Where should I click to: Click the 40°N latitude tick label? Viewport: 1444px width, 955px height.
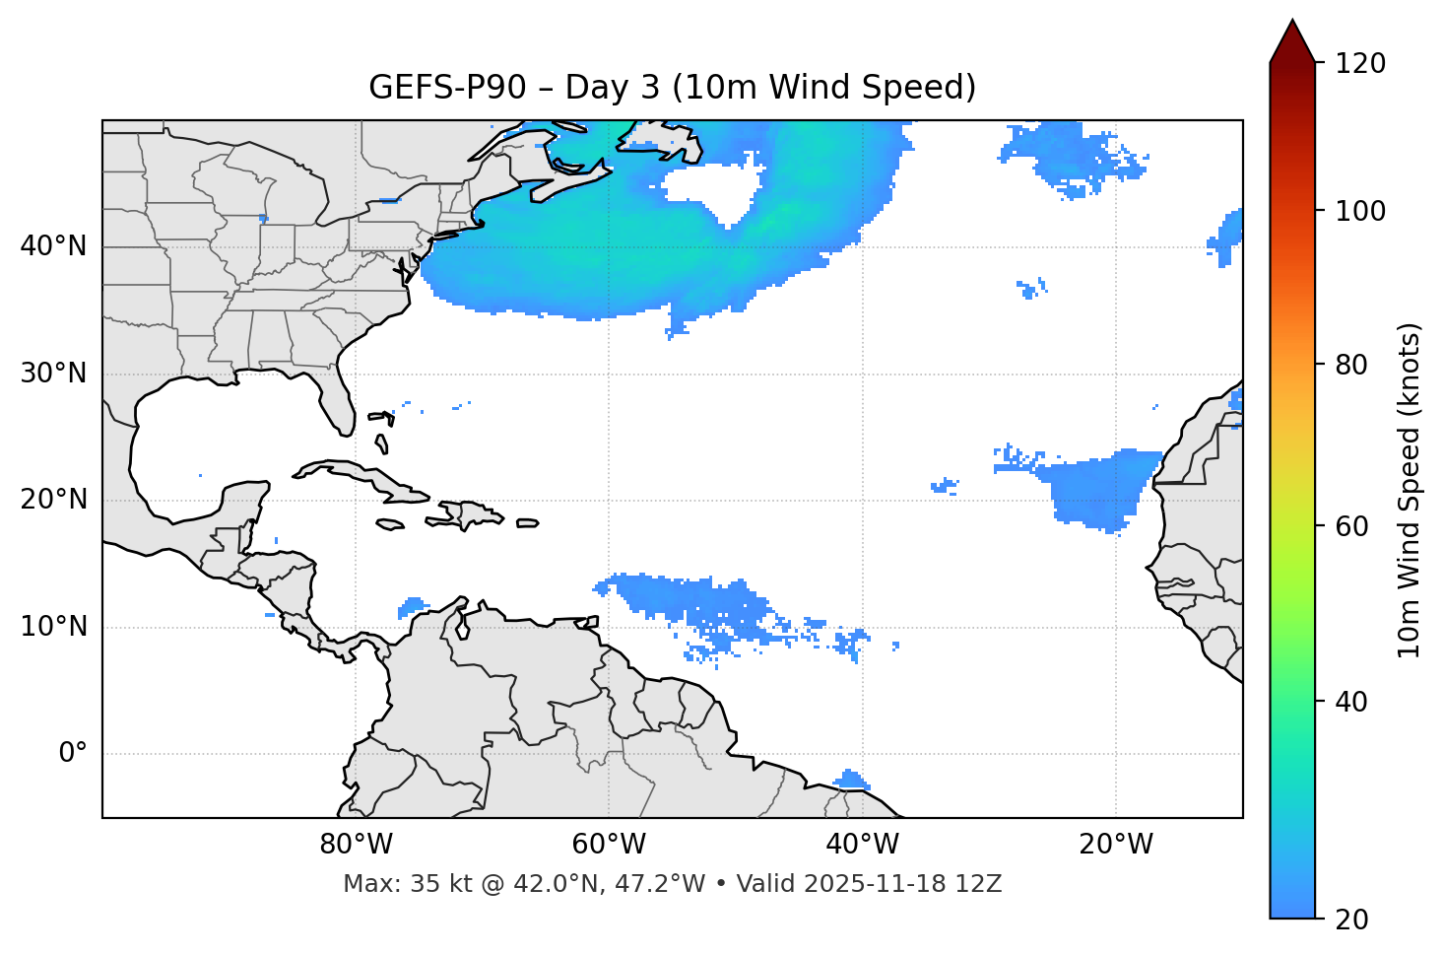53,246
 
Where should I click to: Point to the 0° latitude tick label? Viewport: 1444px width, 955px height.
73,754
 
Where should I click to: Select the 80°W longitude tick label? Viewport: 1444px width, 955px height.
356,845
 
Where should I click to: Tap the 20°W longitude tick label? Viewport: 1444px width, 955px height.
1116,845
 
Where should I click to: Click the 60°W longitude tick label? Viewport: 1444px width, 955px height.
608,845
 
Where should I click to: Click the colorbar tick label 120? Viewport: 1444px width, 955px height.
1360,64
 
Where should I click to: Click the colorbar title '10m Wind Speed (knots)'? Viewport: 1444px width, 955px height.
1410,490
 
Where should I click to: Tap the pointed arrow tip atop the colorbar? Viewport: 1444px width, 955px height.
1292,24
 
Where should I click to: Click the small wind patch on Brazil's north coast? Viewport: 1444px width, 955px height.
850,781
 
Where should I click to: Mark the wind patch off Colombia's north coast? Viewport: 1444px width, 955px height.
413,605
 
